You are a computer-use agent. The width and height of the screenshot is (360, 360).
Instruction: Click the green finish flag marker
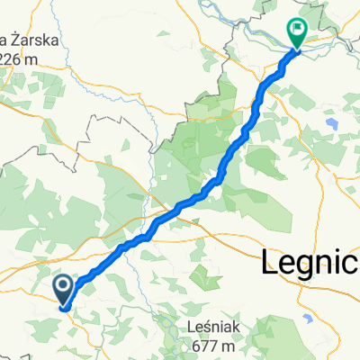297,32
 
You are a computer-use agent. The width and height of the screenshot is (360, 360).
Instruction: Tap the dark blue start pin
65,289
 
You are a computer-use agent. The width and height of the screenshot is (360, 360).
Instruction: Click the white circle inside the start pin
65,286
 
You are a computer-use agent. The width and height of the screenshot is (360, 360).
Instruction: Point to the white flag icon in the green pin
297,30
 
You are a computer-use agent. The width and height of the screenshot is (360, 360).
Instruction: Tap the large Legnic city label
310,263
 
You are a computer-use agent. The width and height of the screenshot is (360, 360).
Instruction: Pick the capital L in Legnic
269,262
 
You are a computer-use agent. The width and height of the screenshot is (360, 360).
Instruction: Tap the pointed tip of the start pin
65,306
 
